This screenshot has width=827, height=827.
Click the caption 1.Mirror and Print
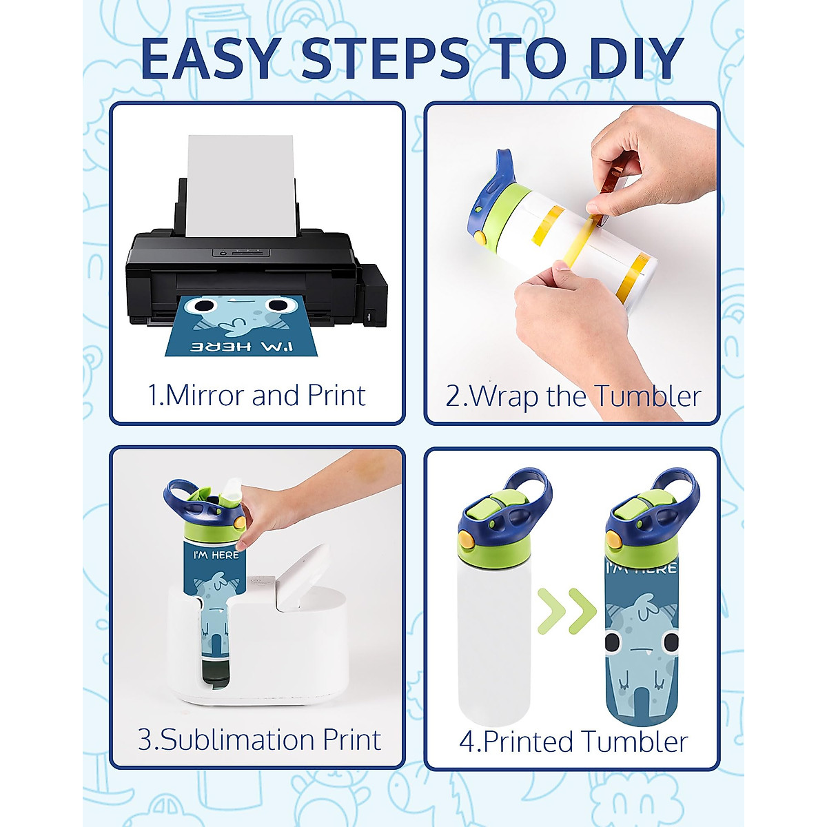pos(256,396)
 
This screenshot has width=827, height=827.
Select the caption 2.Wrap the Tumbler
pos(573,396)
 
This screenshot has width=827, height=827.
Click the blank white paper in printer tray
pos(241,186)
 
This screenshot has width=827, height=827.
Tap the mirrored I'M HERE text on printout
pos(242,347)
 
